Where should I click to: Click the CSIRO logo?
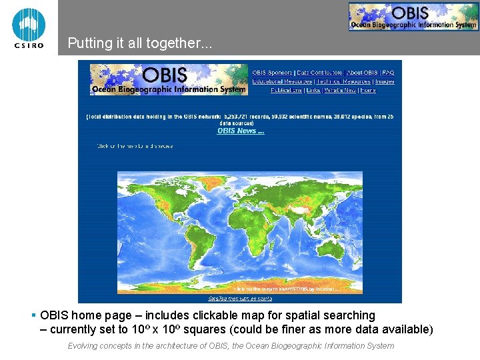(x=29, y=27)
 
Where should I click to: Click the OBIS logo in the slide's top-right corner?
(x=413, y=17)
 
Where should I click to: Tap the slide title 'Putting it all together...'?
(x=140, y=44)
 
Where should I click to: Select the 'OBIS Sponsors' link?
(x=272, y=73)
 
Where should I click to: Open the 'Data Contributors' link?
(x=319, y=73)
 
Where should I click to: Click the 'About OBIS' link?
(x=362, y=73)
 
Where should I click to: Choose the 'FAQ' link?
(x=388, y=73)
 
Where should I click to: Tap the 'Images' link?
(x=385, y=81)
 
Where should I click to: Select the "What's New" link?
(x=340, y=90)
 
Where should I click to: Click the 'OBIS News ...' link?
(x=241, y=131)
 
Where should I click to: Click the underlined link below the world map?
(x=240, y=298)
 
